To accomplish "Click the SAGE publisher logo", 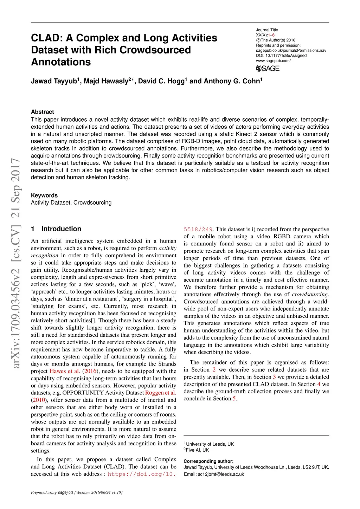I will click(x=268, y=68).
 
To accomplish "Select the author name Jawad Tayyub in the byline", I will click(x=54, y=81).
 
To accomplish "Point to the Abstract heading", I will click(x=43, y=112).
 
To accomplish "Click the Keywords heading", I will click(x=44, y=195).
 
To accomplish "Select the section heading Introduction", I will click(x=61, y=229).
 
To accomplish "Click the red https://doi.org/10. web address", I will click(x=142, y=474).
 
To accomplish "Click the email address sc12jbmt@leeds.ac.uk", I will click(x=221, y=474).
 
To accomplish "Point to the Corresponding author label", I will click(x=208, y=461).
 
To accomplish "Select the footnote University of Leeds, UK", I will click(x=210, y=444).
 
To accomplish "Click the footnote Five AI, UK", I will click(x=197, y=450).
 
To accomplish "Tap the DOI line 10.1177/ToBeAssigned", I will click(x=281, y=56).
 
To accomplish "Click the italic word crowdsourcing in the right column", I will click(x=310, y=294).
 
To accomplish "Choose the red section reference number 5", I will click(x=234, y=399).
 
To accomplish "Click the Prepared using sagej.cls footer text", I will click(x=77, y=492).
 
